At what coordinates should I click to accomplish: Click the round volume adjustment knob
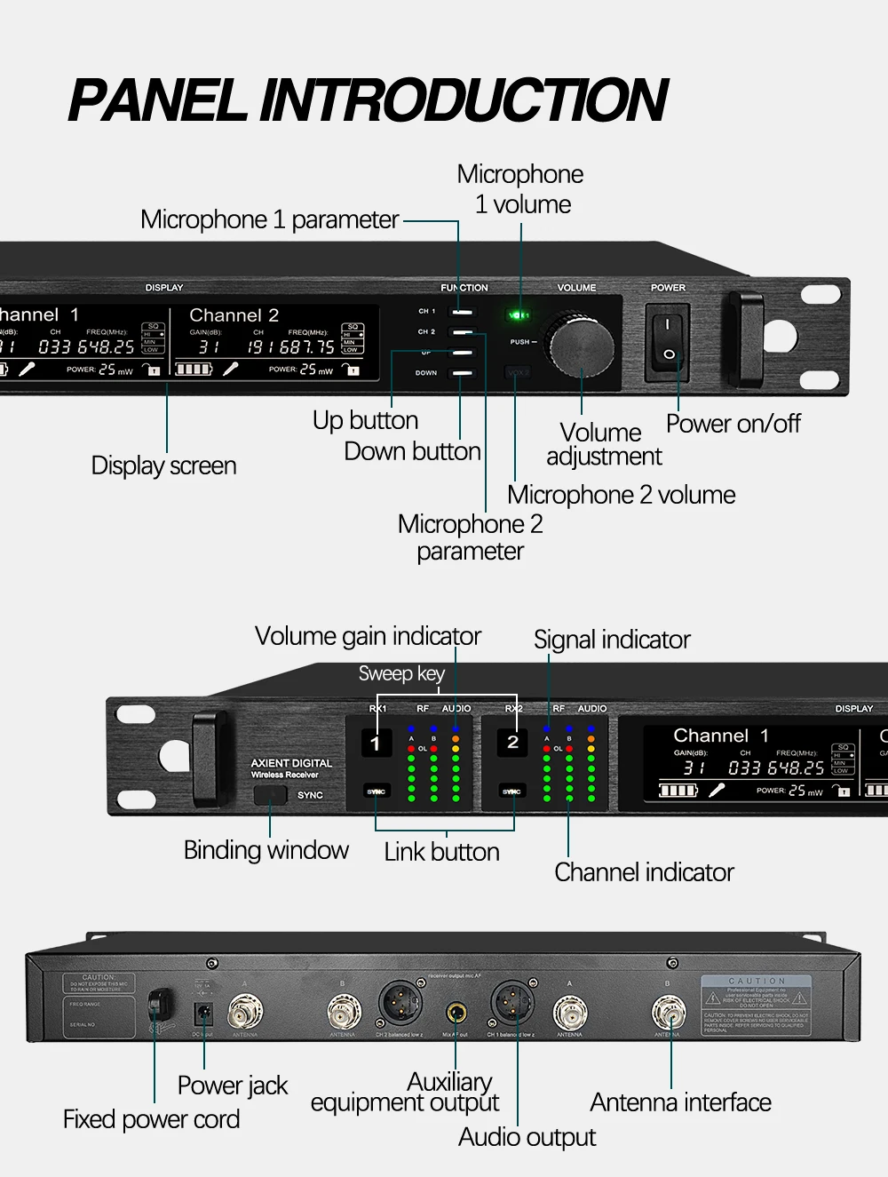[x=582, y=346]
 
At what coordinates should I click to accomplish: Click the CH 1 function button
[x=462, y=312]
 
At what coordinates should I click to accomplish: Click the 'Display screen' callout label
[x=163, y=465]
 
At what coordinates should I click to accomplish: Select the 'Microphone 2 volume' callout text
[x=621, y=495]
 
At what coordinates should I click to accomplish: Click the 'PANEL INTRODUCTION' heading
[x=367, y=99]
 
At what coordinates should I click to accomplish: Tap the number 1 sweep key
[x=376, y=743]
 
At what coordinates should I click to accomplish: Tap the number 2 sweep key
[x=512, y=743]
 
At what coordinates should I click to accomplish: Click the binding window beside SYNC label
[x=270, y=795]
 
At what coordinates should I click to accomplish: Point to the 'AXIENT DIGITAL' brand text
[x=291, y=763]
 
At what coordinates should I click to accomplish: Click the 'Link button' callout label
[x=441, y=852]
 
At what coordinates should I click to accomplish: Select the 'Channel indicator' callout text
[x=644, y=872]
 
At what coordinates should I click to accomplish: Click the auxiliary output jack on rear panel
[x=456, y=1012]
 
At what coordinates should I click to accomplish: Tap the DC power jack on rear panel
[x=203, y=1014]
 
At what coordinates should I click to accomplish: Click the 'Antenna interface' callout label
[x=680, y=1102]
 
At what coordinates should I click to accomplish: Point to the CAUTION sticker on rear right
[x=757, y=1005]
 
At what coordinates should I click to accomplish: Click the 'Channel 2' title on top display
[x=234, y=315]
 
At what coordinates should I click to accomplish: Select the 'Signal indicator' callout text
[x=612, y=640]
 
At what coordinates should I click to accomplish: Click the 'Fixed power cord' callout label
[x=151, y=1119]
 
